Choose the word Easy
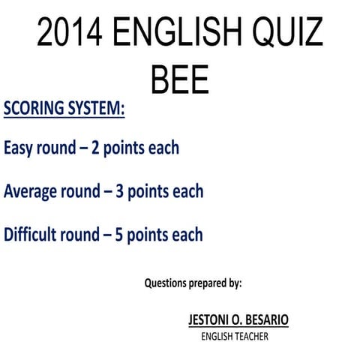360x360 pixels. (20, 148)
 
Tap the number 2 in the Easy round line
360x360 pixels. (95, 148)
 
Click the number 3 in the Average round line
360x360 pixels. (119, 191)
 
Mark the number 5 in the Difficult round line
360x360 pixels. (119, 234)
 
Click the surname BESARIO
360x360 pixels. (262, 320)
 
